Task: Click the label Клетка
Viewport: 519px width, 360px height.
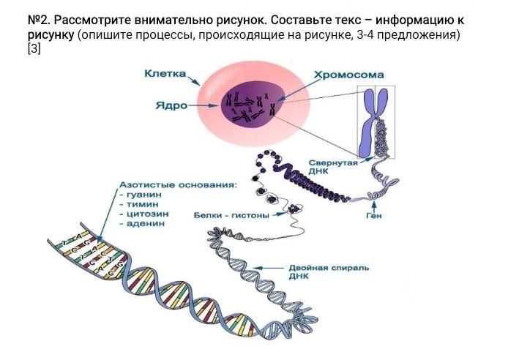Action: tap(165, 74)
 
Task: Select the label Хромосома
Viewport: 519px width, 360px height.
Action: tap(348, 75)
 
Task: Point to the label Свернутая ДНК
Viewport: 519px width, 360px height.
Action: tap(332, 168)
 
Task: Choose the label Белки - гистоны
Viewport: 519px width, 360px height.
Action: tap(231, 216)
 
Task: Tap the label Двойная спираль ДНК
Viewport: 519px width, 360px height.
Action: tap(329, 272)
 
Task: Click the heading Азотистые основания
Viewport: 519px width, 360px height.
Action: tap(179, 186)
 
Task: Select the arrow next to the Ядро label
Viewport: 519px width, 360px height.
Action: tap(205, 105)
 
